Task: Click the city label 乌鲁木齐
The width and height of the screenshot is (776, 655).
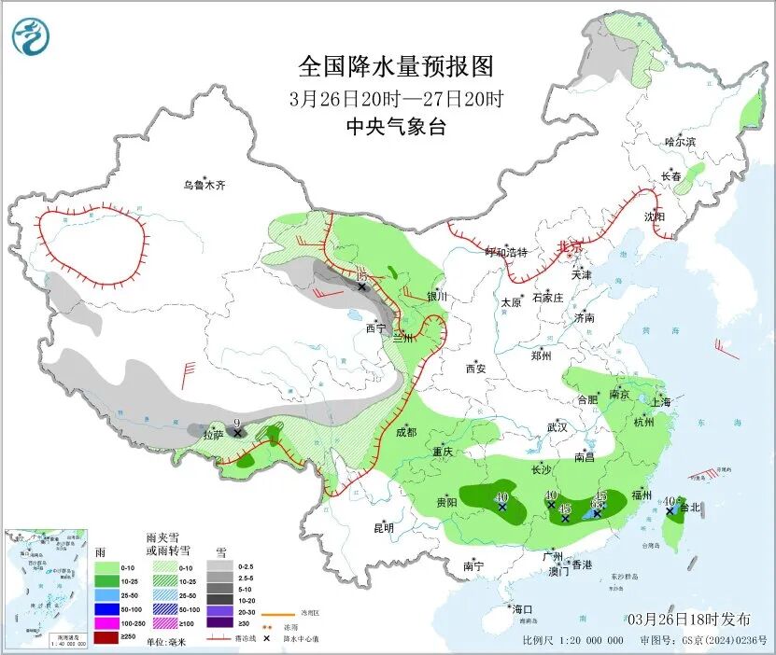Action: (204, 185)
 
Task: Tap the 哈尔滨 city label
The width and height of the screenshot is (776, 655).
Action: (680, 142)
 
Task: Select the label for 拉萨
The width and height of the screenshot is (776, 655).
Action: (214, 434)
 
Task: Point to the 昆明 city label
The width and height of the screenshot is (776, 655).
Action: (383, 528)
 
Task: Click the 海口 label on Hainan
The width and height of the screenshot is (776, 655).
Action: (521, 609)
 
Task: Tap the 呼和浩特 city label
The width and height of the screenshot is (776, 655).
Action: (506, 252)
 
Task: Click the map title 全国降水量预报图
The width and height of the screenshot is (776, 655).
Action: (395, 66)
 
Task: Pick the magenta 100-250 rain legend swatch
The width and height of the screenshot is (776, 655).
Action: (105, 621)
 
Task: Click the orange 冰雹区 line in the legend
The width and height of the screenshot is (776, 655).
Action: (285, 613)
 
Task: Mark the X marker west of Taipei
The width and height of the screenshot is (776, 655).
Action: (670, 511)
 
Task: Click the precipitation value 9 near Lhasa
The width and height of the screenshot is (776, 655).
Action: (238, 423)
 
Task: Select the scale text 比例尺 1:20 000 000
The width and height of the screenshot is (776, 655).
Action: (573, 641)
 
